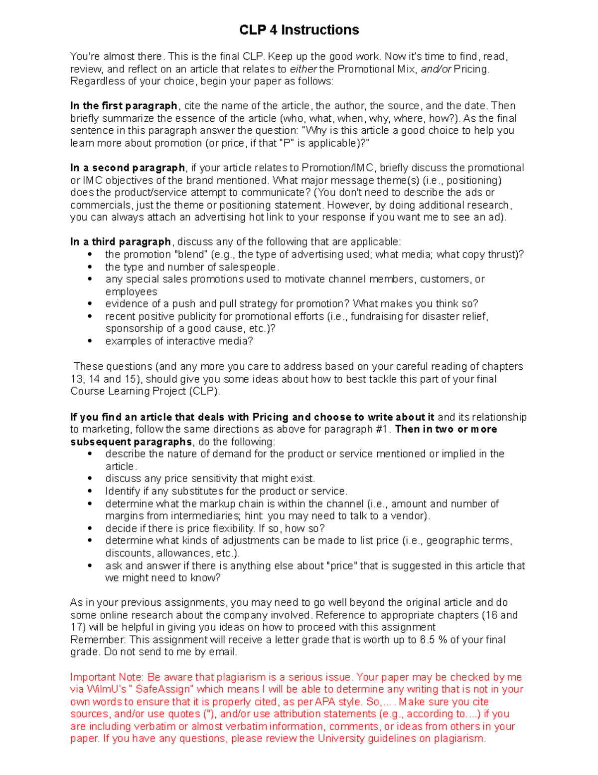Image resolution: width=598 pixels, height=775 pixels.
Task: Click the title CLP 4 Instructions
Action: [299, 30]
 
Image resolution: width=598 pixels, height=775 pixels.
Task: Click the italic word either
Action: [303, 69]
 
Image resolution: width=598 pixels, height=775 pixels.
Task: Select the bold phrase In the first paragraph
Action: [124, 106]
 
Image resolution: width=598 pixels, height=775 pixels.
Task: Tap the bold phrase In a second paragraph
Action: [128, 168]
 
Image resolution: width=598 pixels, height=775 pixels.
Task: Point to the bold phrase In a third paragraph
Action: [121, 242]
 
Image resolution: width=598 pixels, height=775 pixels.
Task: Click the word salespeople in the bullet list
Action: [247, 267]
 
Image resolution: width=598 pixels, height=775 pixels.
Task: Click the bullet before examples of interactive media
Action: [90, 341]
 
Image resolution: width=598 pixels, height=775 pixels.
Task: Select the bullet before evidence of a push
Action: [90, 304]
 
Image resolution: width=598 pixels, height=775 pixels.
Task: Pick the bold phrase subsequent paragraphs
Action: [131, 442]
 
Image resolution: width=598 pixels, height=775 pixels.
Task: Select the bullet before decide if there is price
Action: [90, 528]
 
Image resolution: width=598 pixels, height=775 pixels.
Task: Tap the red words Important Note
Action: [106, 677]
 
